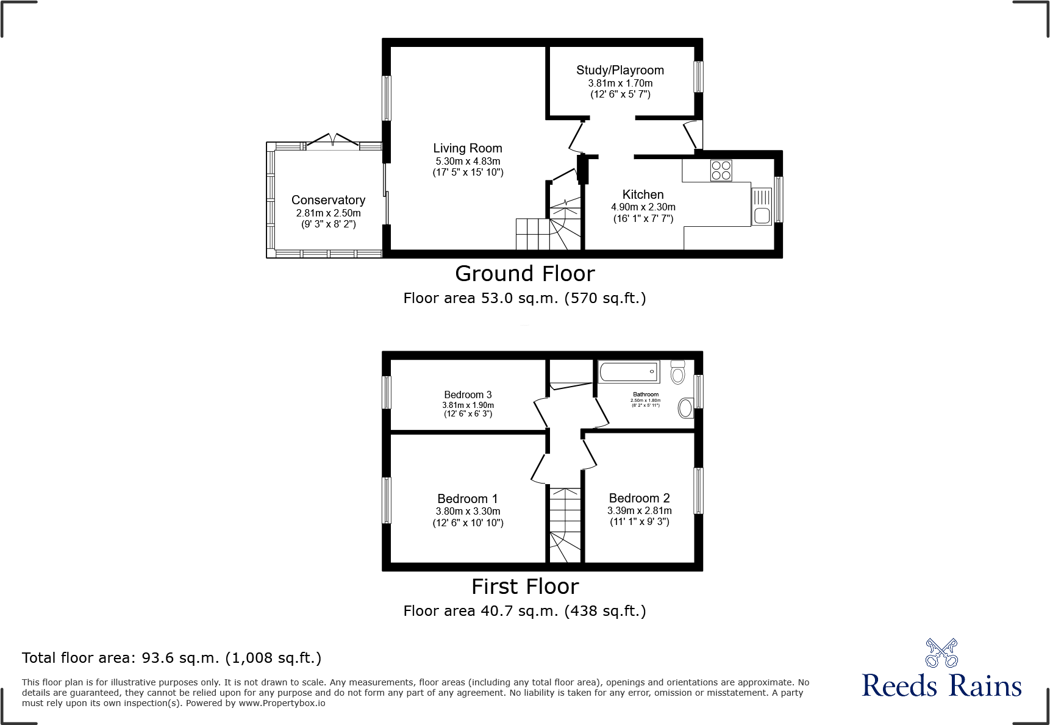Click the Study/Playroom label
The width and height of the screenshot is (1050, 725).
tap(620, 70)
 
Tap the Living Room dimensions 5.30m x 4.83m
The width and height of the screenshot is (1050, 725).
tap(468, 161)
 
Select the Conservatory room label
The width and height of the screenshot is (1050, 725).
tap(328, 200)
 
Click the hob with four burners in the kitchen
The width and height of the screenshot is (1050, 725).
tap(721, 170)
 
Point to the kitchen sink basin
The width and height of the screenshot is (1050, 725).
tap(762, 215)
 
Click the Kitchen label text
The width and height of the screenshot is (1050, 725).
tap(643, 195)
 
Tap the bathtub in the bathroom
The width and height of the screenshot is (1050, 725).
tap(628, 372)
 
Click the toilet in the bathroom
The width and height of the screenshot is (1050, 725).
tap(677, 372)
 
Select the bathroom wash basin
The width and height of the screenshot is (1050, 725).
tap(685, 408)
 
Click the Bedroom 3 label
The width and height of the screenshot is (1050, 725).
tap(468, 395)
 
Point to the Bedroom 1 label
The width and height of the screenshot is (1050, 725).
tap(467, 499)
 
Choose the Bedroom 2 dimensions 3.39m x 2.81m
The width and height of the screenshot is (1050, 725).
tap(639, 510)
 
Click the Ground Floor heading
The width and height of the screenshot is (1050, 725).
tap(524, 274)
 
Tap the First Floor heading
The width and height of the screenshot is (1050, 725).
tap(524, 587)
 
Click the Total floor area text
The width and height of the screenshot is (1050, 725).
tap(171, 658)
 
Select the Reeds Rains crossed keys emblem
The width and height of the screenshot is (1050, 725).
tap(941, 653)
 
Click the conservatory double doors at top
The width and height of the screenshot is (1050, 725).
tap(333, 141)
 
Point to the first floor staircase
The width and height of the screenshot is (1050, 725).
tap(565, 524)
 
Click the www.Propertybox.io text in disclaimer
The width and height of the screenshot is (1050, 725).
tap(282, 703)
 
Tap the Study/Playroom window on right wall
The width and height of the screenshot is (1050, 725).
tap(698, 76)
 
